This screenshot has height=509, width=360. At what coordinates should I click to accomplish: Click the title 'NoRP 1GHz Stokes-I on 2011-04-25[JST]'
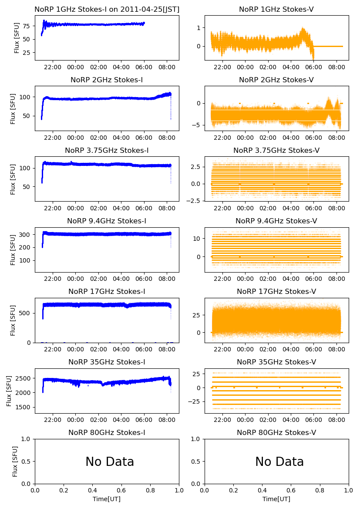click(x=107, y=10)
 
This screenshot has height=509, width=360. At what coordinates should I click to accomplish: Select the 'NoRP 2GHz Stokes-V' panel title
click(x=276, y=80)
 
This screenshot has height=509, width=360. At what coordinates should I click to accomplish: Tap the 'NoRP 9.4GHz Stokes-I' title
click(x=107, y=221)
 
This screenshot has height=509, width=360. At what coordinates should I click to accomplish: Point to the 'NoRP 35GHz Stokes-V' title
click(x=276, y=362)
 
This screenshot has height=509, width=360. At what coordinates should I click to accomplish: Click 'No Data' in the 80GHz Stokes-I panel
click(x=110, y=462)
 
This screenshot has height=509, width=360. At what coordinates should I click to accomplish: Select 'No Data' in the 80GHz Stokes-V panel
click(x=279, y=462)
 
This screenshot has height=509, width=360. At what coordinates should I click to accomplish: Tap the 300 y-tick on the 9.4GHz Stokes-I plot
click(x=27, y=235)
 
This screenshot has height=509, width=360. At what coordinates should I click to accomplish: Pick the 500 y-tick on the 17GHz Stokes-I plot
click(x=27, y=313)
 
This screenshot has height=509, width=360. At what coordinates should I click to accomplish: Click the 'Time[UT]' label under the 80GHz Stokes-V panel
click(x=276, y=499)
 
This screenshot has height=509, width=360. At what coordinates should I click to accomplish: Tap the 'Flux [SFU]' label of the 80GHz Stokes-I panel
click(x=15, y=462)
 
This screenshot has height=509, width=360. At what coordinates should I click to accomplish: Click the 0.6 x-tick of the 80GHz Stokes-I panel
click(x=121, y=491)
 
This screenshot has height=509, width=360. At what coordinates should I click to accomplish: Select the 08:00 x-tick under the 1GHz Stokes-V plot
click(x=335, y=67)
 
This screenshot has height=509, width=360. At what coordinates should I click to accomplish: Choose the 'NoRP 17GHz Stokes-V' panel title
click(x=276, y=292)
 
